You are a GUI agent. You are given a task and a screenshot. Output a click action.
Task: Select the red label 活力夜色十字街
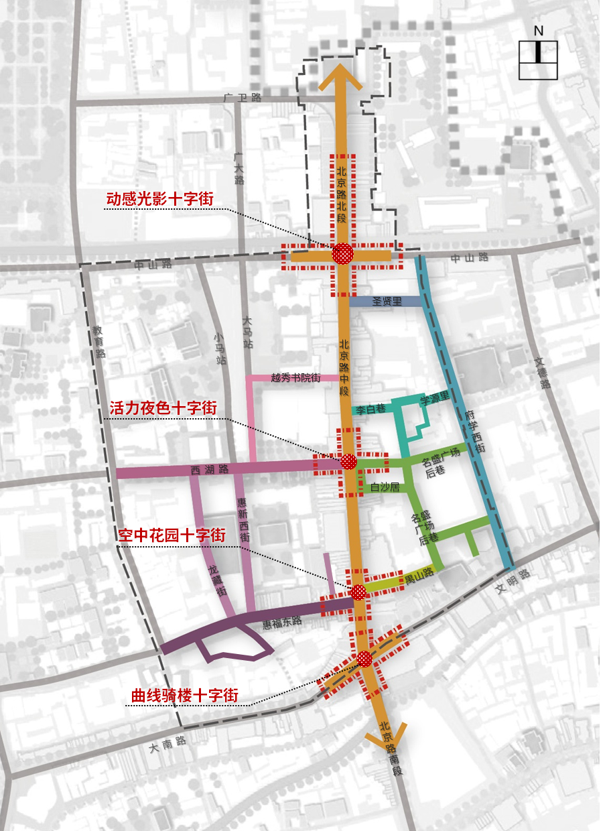click(163, 407)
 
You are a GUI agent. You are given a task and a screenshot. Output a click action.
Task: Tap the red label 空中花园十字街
click(173, 535)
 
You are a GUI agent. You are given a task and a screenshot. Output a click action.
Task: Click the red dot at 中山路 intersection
click(343, 254)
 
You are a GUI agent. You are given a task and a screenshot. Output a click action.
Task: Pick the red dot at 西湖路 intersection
click(348, 461)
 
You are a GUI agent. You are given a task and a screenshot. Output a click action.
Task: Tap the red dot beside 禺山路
click(358, 592)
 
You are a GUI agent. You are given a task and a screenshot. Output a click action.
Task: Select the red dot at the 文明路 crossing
click(364, 658)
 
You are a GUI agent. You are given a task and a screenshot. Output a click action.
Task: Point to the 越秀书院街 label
click(295, 378)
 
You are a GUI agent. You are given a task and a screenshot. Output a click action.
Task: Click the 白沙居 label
click(385, 487)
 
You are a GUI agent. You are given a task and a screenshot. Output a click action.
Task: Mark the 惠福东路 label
click(281, 622)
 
